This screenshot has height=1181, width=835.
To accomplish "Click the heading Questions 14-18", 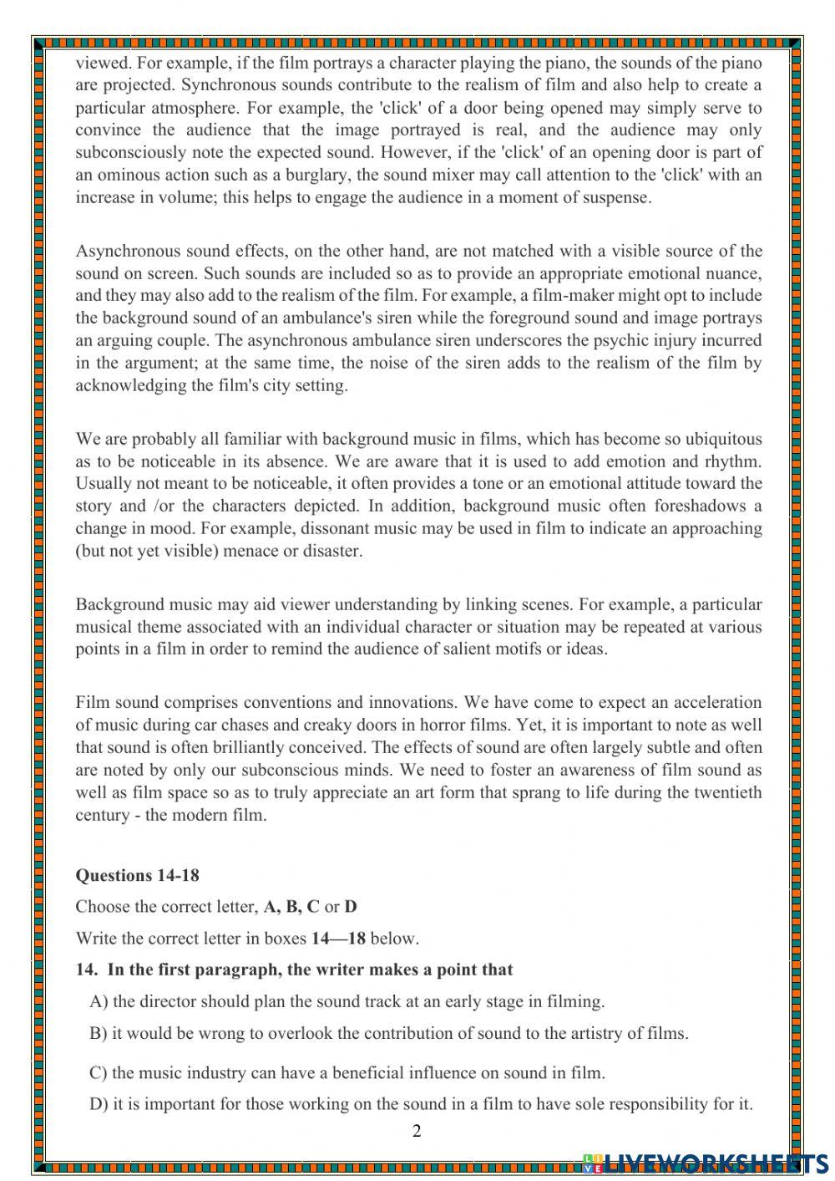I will [x=137, y=875].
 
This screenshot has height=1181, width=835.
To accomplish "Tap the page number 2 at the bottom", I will [x=417, y=1131].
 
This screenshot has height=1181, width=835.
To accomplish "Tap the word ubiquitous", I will [x=720, y=439].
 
